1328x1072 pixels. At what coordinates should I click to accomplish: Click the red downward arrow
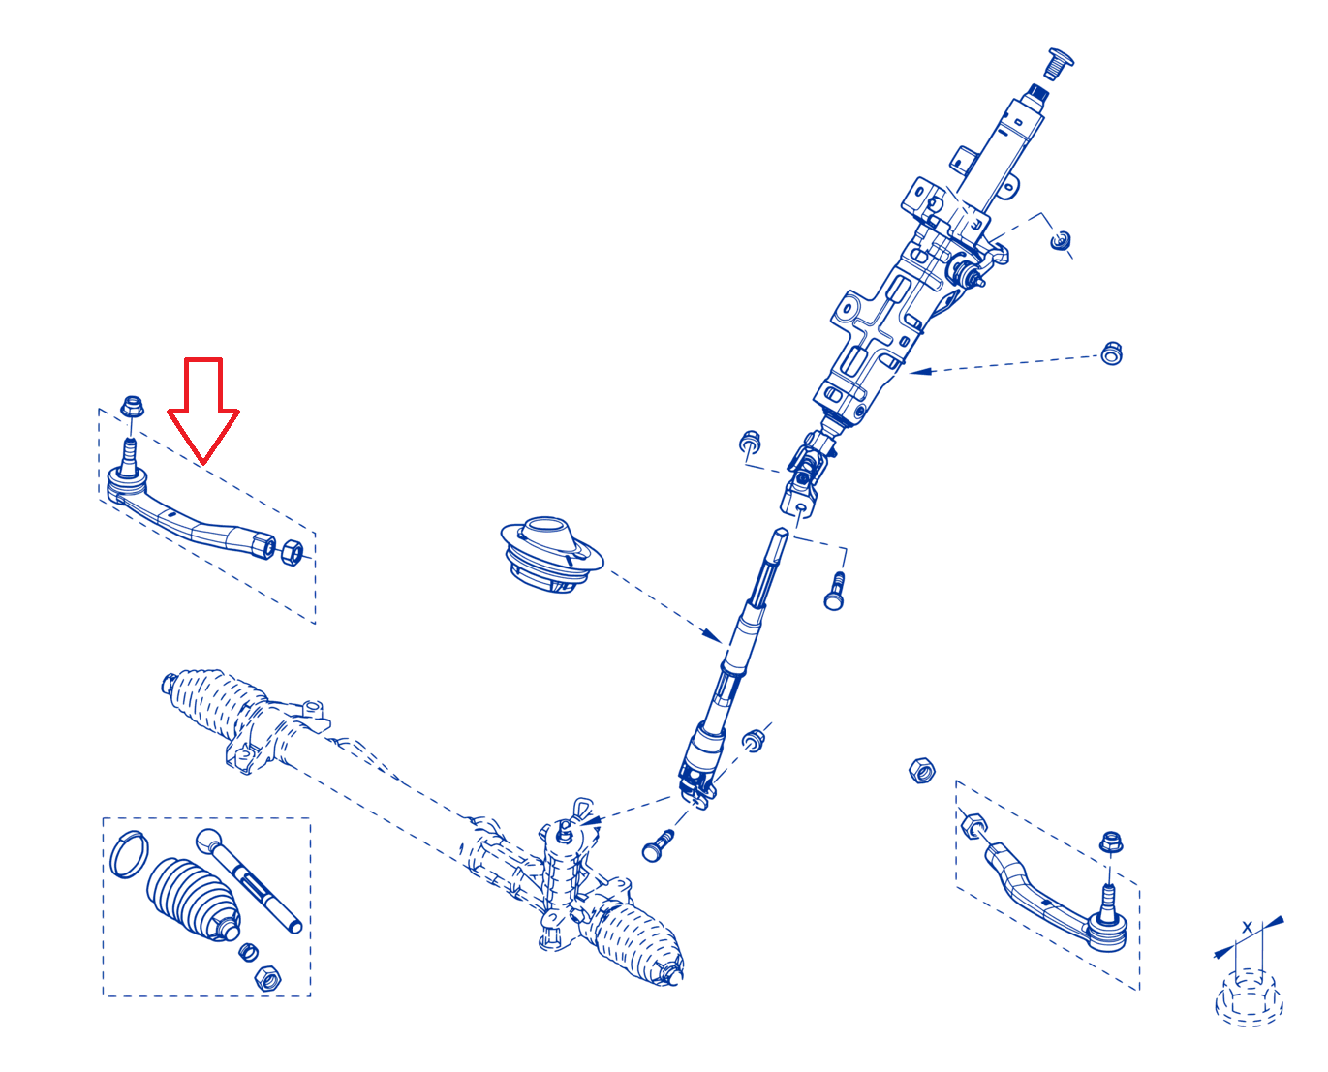[202, 412]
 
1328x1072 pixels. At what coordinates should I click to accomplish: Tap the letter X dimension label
[1247, 927]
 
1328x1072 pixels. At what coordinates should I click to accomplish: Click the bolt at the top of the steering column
[1058, 64]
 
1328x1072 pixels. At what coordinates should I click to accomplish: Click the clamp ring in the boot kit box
[129, 854]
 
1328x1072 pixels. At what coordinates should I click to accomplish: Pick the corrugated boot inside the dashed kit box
[194, 901]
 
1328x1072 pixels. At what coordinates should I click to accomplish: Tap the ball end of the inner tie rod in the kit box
[209, 841]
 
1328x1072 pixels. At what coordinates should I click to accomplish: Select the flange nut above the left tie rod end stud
[132, 407]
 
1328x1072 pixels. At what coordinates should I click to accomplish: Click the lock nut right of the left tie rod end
[292, 552]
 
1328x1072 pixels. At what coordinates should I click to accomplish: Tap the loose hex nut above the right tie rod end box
[922, 770]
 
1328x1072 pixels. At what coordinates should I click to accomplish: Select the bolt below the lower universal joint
[658, 845]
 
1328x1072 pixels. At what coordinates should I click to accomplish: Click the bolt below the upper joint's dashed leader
[834, 592]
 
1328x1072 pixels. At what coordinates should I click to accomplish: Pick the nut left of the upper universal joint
[749, 442]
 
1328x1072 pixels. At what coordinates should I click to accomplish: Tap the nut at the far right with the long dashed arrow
[1111, 352]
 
